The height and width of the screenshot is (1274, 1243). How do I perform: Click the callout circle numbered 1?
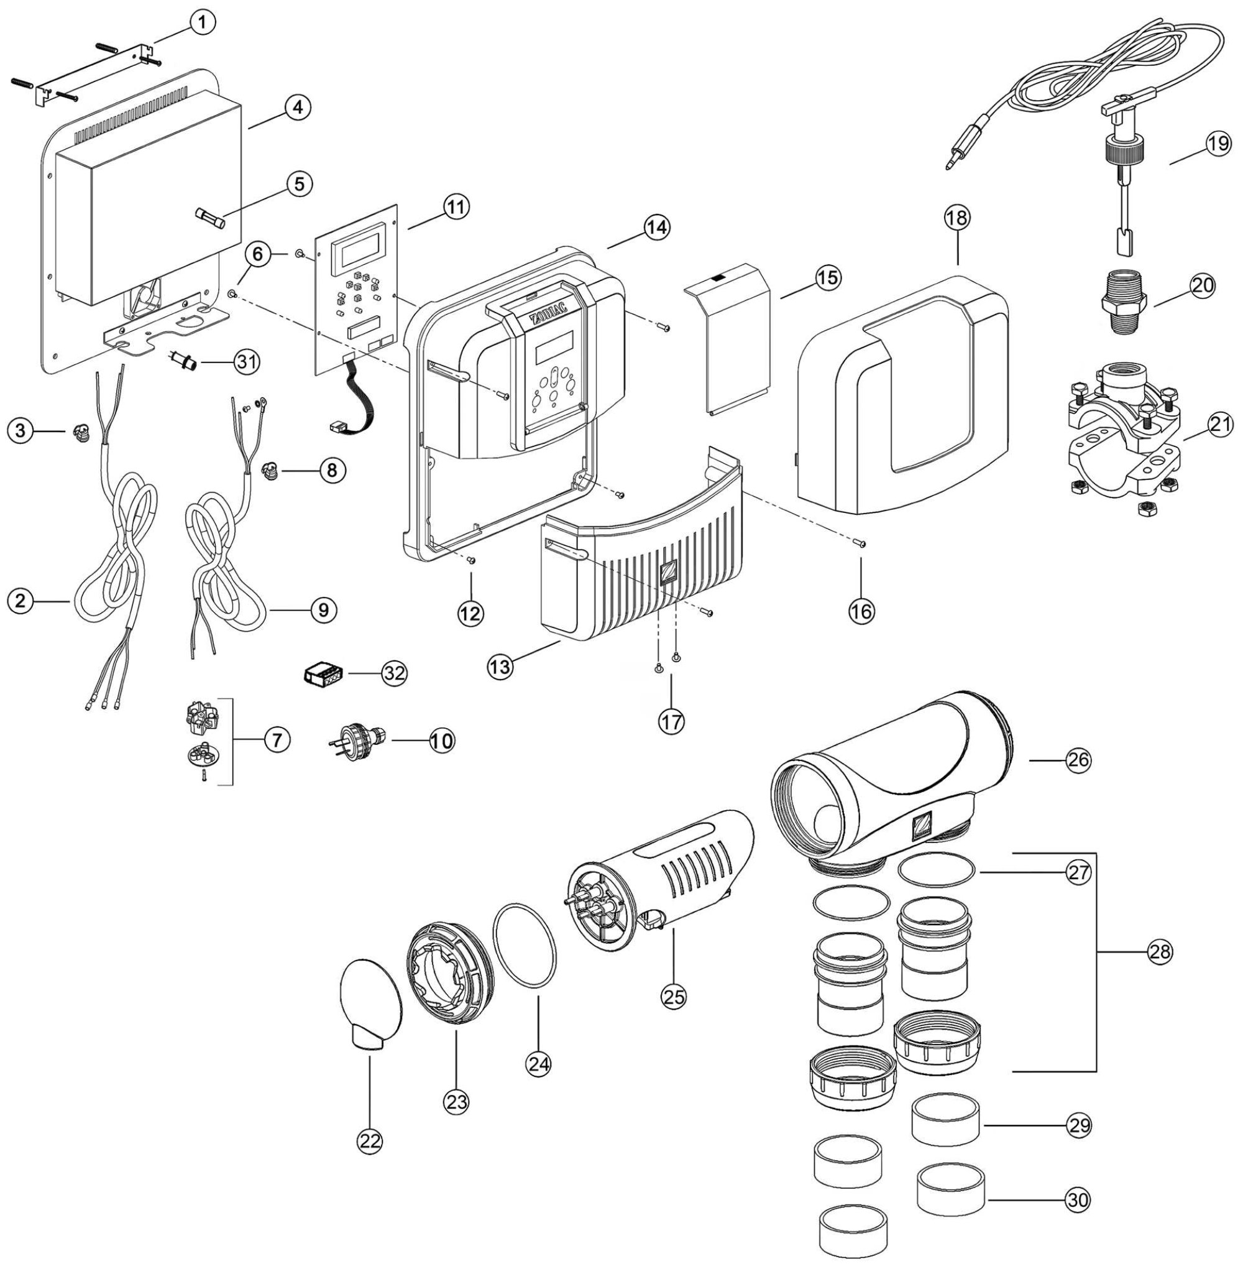203,22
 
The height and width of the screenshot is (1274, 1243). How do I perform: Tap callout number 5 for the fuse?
298,184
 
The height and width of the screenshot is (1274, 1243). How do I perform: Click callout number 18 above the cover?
958,218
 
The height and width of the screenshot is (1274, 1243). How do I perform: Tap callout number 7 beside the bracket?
277,740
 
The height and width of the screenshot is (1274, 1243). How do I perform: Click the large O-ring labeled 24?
526,948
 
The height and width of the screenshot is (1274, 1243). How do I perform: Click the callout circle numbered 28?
1160,952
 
